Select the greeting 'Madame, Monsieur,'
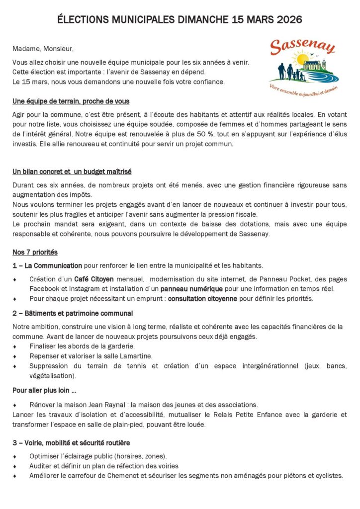[43, 49]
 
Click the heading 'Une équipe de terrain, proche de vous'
[71, 101]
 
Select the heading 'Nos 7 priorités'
[35, 252]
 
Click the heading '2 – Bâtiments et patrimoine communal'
[73, 313]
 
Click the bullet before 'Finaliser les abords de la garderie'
[15, 346]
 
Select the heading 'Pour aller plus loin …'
[44, 390]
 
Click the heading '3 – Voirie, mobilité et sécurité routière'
[72, 442]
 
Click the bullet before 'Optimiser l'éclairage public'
[15, 456]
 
